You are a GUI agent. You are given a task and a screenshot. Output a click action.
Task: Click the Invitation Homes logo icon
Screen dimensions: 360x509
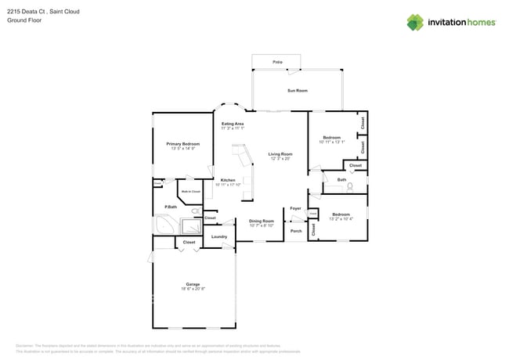415,22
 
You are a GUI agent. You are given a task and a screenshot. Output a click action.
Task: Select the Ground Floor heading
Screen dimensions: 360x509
23,20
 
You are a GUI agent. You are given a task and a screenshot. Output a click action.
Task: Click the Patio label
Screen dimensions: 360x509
277,62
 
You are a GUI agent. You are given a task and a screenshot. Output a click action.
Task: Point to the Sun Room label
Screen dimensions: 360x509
296,91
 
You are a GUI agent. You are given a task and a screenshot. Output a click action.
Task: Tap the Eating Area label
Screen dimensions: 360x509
233,124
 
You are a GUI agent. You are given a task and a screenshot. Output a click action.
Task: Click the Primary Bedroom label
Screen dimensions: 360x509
182,144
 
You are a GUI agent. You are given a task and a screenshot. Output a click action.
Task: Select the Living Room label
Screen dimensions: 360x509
280,154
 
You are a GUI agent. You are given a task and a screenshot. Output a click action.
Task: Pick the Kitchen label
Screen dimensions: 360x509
227,179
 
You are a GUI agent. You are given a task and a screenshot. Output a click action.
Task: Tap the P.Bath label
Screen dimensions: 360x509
170,207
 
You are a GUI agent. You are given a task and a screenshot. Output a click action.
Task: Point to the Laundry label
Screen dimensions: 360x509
219,236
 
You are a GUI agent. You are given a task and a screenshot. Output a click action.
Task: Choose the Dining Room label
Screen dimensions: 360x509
262,221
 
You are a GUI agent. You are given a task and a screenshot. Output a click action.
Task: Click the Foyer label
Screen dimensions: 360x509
295,208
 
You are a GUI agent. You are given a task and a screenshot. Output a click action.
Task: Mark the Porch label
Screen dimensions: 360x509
296,231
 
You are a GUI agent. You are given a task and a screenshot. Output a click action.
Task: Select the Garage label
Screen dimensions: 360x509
193,284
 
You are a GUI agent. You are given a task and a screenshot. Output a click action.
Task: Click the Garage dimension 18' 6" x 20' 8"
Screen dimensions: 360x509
193,289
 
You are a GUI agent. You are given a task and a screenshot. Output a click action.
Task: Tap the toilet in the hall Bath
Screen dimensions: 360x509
351,186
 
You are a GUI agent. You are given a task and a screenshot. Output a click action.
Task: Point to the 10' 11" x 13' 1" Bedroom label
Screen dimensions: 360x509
331,138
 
